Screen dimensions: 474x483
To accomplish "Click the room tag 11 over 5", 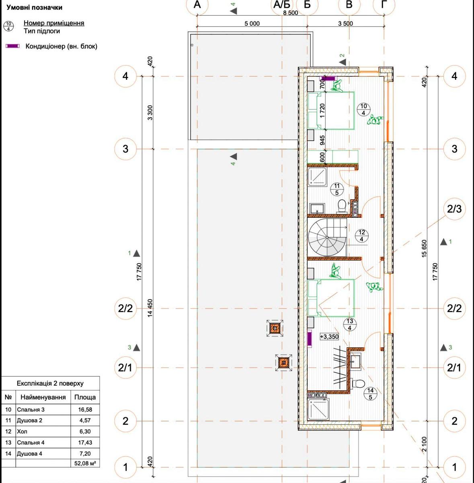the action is click(x=337, y=189).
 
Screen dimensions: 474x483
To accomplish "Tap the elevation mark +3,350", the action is click(x=329, y=336).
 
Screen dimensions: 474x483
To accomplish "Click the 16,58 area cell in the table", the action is click(x=85, y=410).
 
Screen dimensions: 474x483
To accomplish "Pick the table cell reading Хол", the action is click(x=43, y=431).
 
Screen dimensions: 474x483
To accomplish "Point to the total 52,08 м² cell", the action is click(x=85, y=463).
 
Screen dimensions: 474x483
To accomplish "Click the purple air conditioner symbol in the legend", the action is click(x=12, y=46).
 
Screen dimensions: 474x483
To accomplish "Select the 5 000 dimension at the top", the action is click(x=252, y=24).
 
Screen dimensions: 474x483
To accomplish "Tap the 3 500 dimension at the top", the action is click(x=345, y=24).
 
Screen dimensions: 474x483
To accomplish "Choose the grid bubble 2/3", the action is click(x=454, y=209).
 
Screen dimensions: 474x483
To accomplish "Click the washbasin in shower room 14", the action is click(x=355, y=361).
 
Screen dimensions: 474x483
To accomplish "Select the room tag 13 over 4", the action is click(x=349, y=324).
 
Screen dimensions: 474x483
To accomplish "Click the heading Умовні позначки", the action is click(x=34, y=8).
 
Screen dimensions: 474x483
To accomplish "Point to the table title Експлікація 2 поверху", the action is click(x=50, y=384).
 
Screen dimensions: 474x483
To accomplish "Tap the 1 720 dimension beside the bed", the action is click(x=322, y=111).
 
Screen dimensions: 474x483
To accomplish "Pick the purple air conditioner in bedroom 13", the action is click(x=310, y=339).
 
